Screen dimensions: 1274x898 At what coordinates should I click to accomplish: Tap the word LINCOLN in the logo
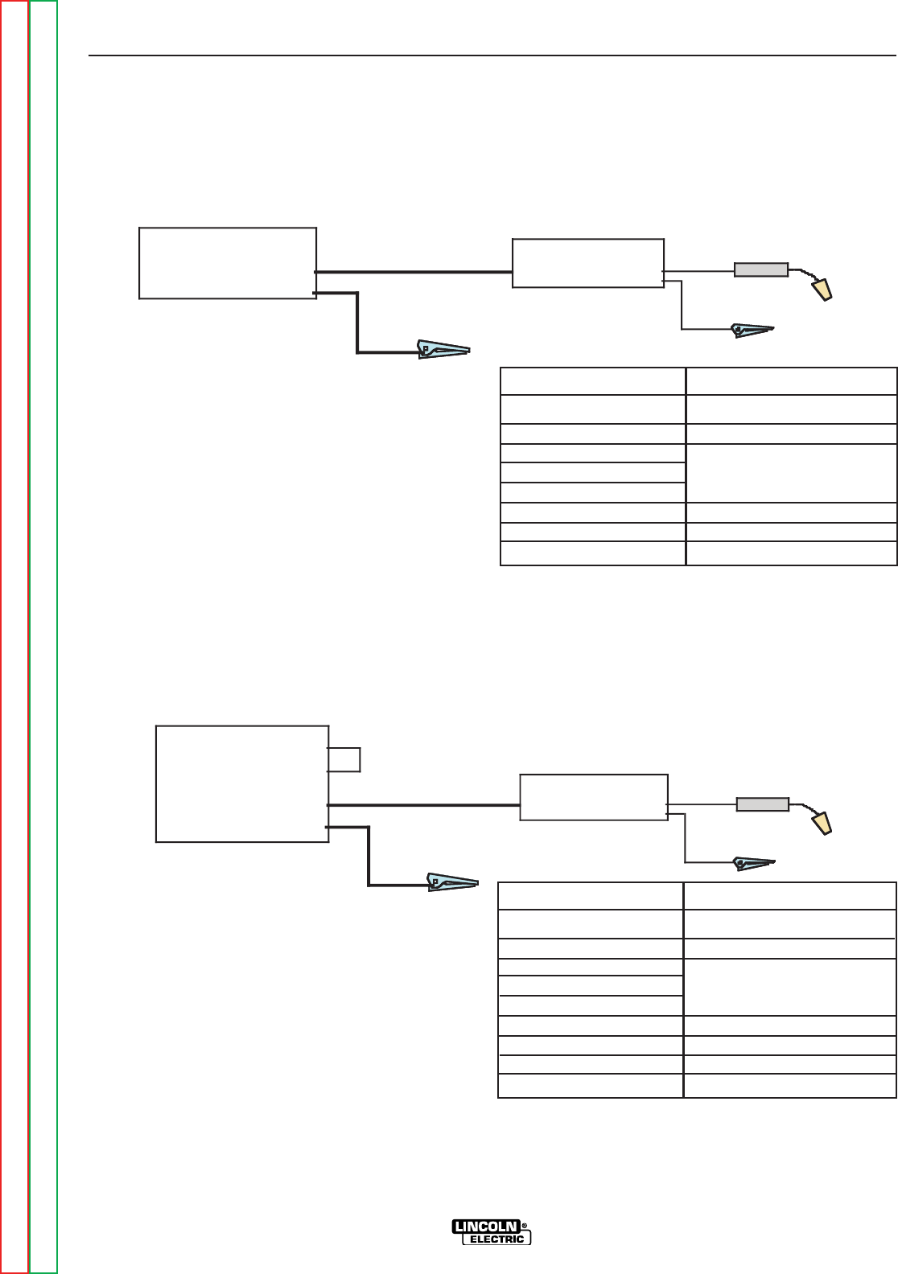486,1227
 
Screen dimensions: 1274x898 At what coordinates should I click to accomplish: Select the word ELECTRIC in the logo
496,1239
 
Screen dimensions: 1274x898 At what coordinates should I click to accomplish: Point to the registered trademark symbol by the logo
525,1227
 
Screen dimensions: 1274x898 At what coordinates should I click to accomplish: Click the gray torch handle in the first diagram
760,269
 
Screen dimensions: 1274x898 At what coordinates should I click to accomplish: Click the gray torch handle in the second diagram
763,803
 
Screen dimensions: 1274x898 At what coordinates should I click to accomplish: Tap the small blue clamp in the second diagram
754,864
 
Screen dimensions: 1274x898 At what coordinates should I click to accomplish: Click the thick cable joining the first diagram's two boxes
414,272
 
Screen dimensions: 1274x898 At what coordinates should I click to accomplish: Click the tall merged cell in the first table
791,473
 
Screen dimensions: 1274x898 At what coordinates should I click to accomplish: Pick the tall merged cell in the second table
789,987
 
